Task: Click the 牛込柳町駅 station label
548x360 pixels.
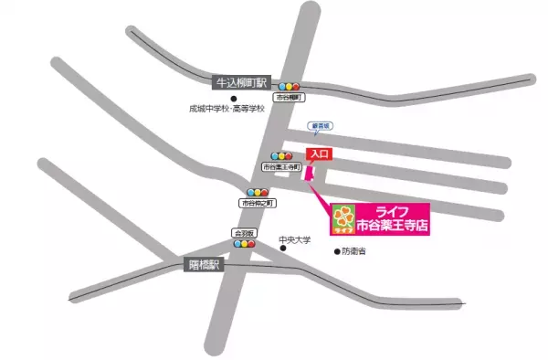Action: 239,82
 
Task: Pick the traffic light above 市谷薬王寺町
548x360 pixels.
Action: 281,156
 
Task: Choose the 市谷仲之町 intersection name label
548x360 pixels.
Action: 257,203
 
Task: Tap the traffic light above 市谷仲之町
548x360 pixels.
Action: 257,192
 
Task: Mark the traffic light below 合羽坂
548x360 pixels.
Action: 244,244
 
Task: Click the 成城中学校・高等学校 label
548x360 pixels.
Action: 227,109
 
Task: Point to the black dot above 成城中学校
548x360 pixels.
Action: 234,98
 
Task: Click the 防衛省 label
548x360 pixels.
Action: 353,249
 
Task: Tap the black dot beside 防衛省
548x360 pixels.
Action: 332,249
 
